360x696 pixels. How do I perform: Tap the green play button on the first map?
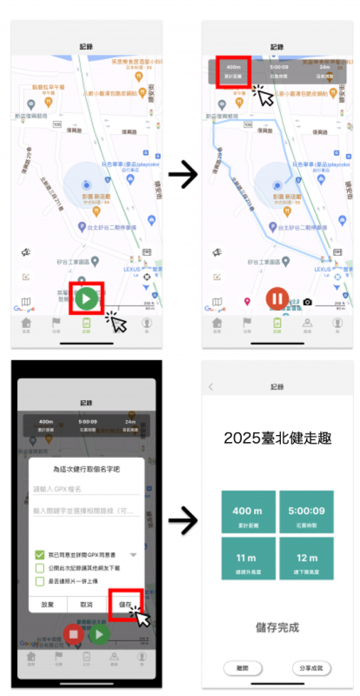85,298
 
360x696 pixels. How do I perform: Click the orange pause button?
277,299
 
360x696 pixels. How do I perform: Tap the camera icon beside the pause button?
307,302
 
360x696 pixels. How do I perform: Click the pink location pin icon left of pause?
246,302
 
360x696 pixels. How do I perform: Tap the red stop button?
73,633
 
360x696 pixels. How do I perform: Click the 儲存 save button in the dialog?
126,604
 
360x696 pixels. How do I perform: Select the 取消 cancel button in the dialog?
86,604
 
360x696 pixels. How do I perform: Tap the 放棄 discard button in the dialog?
48,604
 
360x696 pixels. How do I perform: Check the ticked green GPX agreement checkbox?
39,554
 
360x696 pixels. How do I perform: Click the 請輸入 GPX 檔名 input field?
85,489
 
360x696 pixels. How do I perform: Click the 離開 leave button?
242,667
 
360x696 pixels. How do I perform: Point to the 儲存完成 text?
277,626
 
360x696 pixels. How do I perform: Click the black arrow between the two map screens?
182,175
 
